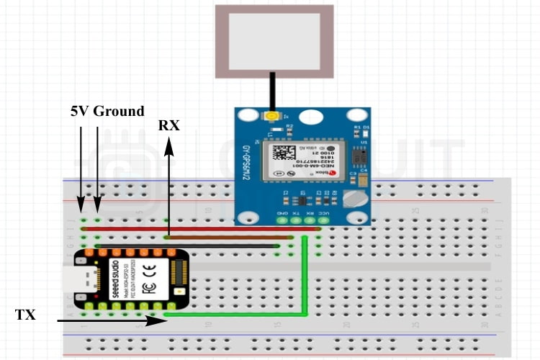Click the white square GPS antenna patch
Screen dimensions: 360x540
(x=274, y=41)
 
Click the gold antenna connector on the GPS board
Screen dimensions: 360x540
(x=272, y=116)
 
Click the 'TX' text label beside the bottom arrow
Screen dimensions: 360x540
(x=25, y=314)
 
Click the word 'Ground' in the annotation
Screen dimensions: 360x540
(x=119, y=112)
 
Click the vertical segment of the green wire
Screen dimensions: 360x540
(x=305, y=277)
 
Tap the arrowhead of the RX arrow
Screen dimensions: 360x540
(x=168, y=146)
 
